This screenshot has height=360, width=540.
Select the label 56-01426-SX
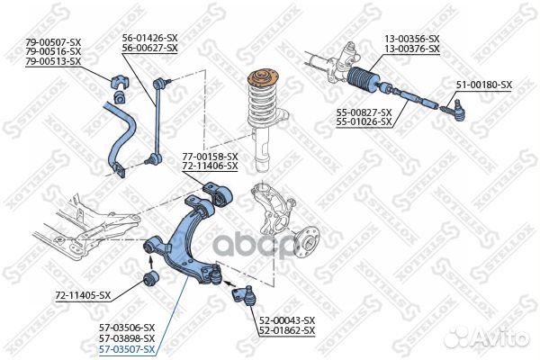point(150,39)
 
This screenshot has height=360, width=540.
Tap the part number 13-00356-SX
point(412,39)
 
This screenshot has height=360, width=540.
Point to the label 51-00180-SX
point(483,85)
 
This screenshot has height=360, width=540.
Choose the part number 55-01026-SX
point(364,121)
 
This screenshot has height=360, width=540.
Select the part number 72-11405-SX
point(83,295)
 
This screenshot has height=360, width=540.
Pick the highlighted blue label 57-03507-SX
point(127,348)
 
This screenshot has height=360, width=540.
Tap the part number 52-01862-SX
point(287,331)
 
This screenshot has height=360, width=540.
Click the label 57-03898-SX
point(127,337)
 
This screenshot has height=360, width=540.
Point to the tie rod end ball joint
point(454,112)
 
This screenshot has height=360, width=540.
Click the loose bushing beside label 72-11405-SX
point(151,276)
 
